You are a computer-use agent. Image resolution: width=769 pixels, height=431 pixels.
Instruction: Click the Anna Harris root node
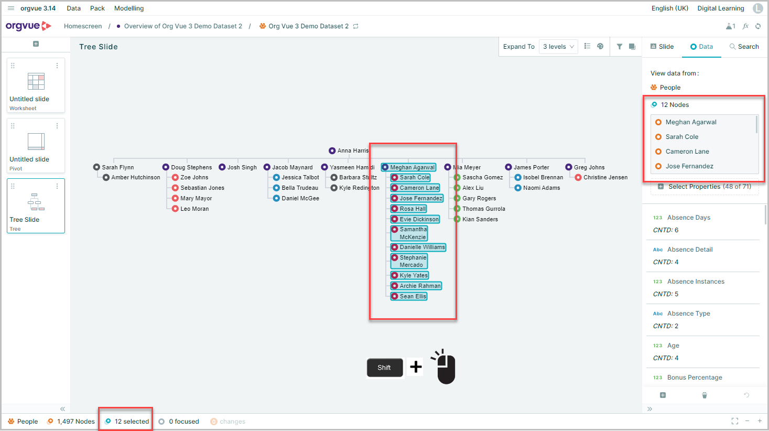349,150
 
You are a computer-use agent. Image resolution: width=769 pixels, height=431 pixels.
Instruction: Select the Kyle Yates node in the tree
409,275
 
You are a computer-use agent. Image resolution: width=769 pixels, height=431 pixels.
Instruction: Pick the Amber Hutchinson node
132,177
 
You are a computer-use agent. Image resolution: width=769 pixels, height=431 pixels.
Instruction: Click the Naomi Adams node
537,188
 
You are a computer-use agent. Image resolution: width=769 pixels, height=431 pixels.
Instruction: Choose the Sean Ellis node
409,296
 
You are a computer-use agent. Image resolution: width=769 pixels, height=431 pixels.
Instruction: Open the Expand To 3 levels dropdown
558,47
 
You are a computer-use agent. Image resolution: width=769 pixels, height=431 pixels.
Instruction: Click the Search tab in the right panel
744,46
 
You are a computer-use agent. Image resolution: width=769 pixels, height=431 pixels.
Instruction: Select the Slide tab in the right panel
662,46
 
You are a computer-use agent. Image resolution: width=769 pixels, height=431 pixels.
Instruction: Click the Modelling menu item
129,8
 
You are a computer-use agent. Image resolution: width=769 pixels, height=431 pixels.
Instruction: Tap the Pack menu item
97,8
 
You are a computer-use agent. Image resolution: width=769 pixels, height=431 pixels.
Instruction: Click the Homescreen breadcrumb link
83,26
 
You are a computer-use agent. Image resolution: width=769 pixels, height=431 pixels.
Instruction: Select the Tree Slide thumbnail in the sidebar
36,206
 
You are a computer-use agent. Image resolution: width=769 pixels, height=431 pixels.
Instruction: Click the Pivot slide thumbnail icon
36,141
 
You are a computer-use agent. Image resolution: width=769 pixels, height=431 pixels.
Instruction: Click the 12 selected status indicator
127,422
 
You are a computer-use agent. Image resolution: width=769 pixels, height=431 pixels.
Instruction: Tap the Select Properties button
705,187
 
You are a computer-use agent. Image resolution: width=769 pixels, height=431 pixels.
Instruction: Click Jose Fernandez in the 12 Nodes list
689,166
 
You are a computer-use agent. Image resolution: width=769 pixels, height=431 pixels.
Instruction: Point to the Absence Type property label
688,313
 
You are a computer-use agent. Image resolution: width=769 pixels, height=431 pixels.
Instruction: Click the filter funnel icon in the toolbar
619,47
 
